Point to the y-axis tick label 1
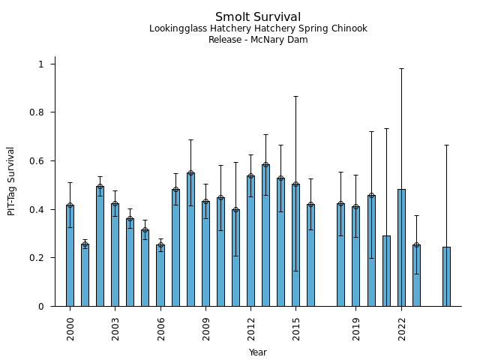42,64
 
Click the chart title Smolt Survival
258,17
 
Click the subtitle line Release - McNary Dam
258,40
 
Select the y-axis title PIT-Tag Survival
11,181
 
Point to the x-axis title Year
258,352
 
